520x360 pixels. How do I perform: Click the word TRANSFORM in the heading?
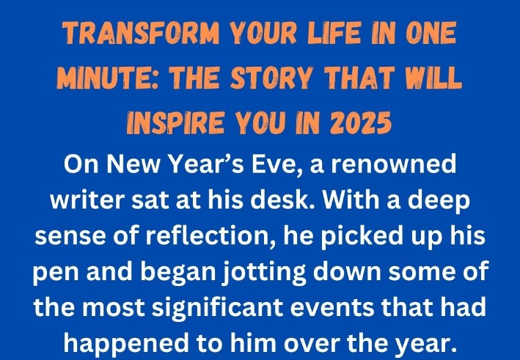point(142,33)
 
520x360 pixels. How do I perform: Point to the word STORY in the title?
point(272,78)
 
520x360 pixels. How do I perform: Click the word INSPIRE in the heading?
point(176,122)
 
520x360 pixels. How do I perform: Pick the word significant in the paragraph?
point(218,308)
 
